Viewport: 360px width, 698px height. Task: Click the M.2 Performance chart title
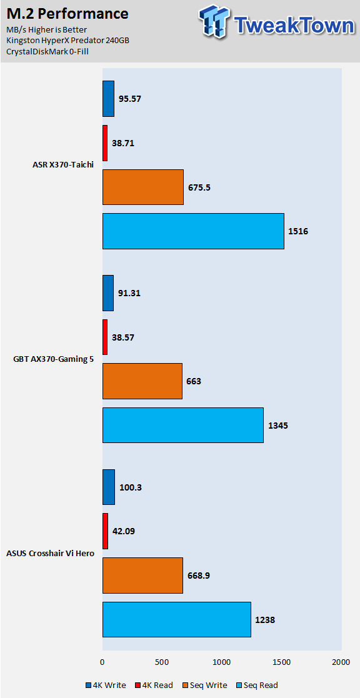click(67, 14)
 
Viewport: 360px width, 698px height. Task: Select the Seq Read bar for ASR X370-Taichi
click(193, 231)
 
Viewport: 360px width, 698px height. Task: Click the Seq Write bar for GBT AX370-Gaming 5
click(142, 381)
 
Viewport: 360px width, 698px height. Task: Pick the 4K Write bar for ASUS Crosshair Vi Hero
click(109, 487)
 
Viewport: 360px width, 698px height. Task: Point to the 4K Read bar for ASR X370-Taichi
click(105, 143)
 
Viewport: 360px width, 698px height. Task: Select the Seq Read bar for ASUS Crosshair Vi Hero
click(177, 620)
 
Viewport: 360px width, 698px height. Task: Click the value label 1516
click(298, 231)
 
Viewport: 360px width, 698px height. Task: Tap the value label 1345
click(278, 426)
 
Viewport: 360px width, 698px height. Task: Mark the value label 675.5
click(199, 187)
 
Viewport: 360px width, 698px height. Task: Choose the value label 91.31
click(129, 293)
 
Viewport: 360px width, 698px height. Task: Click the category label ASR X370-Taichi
click(66, 164)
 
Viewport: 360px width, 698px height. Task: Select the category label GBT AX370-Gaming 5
click(54, 359)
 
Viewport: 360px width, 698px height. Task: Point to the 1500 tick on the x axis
click(281, 662)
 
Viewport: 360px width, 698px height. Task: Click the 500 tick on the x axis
click(162, 662)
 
